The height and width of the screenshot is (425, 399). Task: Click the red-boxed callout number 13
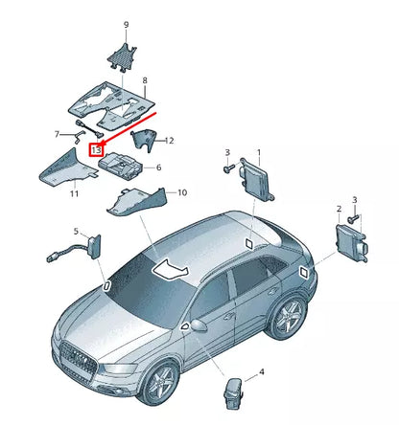pyautogui.click(x=95, y=149)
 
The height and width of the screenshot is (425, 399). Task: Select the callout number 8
pyautogui.click(x=145, y=81)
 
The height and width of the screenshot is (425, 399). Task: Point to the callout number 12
pyautogui.click(x=169, y=141)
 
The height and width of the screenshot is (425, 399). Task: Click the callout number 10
pyautogui.click(x=182, y=192)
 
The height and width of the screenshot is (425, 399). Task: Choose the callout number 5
pyautogui.click(x=158, y=168)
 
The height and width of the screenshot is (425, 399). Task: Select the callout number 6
pyautogui.click(x=158, y=168)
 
